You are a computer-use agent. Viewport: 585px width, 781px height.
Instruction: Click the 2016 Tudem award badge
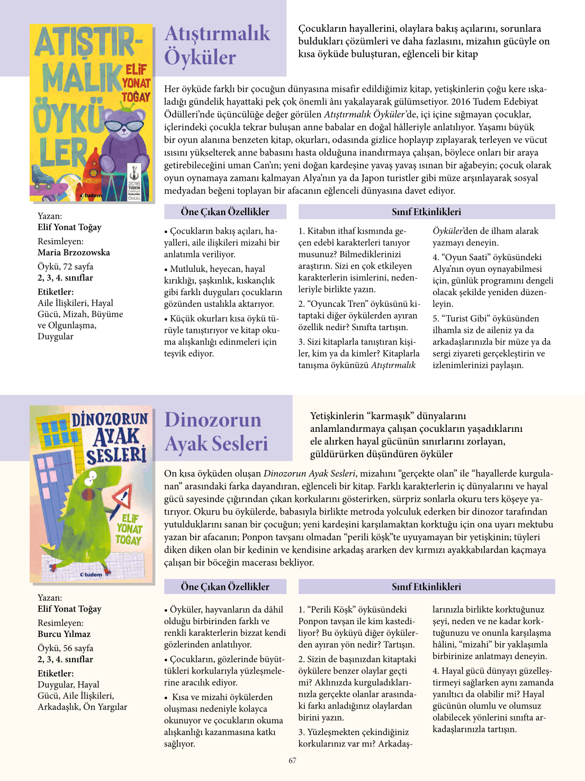pos(134,183)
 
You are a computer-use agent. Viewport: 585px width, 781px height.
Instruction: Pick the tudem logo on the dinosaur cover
pos(91,574)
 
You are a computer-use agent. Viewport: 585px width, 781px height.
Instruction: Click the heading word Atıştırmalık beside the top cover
pos(217,33)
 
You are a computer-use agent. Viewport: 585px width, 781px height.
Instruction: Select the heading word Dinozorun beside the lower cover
pos(213,419)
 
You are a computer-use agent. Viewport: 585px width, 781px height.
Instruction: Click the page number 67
pos(292,760)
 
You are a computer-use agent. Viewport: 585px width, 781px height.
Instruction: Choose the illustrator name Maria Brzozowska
pos(74,252)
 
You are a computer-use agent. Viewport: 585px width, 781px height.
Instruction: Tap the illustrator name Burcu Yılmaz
pos(64,634)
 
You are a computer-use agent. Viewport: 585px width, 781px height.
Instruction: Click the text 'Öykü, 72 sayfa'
pos(65,266)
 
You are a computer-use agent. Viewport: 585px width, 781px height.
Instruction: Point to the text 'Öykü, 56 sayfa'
pos(65,647)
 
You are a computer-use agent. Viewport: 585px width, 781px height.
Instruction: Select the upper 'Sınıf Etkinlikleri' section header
pos(426,212)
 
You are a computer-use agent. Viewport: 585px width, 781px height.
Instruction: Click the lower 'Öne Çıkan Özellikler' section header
pos(225,587)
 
